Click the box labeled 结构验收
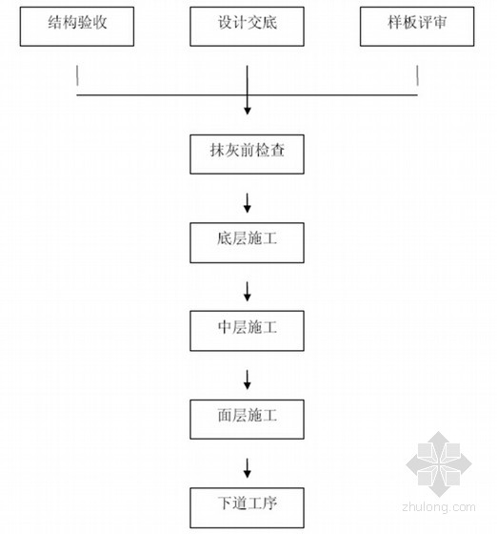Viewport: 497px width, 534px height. (x=77, y=27)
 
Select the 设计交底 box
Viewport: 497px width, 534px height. (x=247, y=27)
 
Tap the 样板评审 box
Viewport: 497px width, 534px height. (x=417, y=27)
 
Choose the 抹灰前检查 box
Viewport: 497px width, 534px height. (x=247, y=154)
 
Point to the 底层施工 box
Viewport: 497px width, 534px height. (x=247, y=243)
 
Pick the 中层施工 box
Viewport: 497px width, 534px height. (x=247, y=331)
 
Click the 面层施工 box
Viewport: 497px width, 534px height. (x=247, y=420)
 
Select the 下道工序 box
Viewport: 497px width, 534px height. (x=247, y=507)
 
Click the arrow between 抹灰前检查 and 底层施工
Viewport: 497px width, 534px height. (x=248, y=203)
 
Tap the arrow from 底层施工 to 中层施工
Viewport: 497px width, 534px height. (x=248, y=292)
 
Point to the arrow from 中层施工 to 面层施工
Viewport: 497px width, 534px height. (x=248, y=380)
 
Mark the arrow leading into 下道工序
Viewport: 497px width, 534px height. (x=248, y=468)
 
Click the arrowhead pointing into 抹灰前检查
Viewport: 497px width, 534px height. (x=248, y=111)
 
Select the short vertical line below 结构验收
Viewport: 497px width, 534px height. (x=77, y=75)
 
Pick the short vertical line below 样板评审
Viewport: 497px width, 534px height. (x=417, y=75)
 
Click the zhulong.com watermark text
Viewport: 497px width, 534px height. (x=439, y=507)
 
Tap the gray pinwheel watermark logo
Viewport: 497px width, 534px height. (x=439, y=463)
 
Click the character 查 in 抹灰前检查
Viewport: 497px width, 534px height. (x=277, y=151)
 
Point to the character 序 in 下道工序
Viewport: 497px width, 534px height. (x=269, y=503)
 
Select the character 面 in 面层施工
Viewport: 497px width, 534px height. (x=225, y=415)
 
